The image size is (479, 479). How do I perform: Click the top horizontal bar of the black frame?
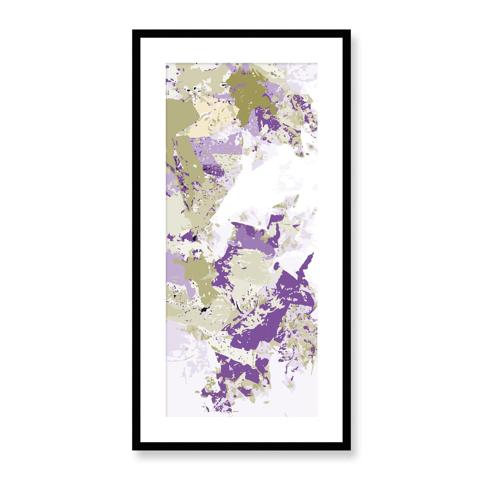241,33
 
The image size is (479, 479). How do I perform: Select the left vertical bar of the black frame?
136,240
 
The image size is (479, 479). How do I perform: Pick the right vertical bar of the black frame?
347,240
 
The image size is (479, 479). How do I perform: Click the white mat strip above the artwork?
241,50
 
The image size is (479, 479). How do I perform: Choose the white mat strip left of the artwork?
153,240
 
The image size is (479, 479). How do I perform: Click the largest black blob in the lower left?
204,310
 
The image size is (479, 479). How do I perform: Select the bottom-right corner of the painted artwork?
317,416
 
